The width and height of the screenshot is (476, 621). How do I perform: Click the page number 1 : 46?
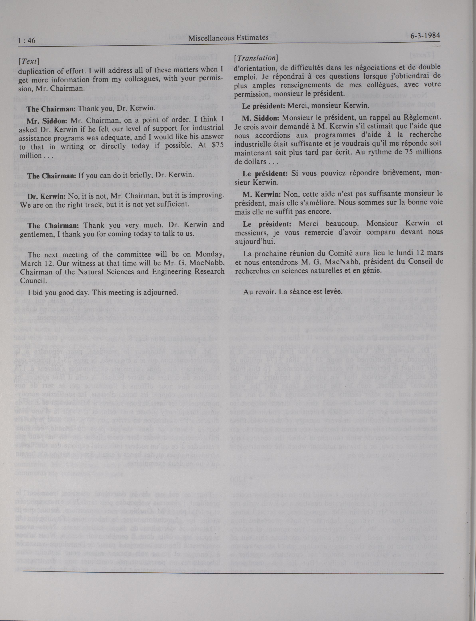click(x=27, y=41)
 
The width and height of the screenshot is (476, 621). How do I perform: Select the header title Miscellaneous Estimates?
click(x=228, y=38)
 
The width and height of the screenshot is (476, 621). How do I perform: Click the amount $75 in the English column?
click(x=218, y=144)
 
